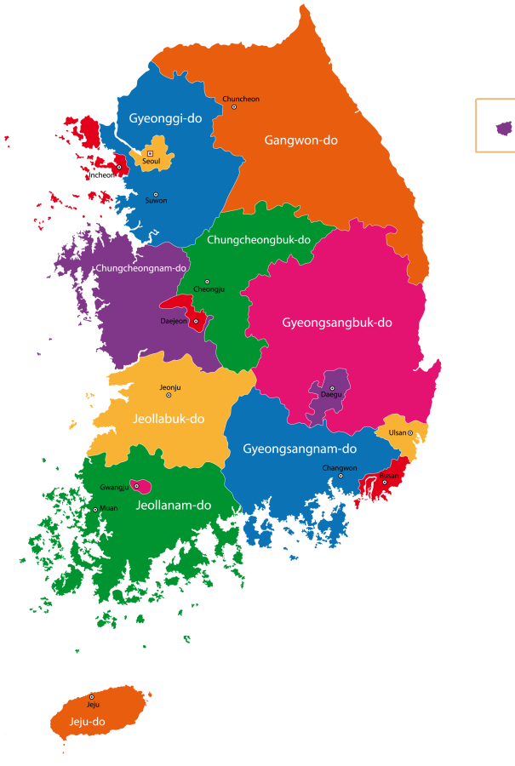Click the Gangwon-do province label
pos(300,140)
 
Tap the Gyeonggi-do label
pos(165,118)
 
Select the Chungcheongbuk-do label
pos(259,240)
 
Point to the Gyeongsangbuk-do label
pos(337,323)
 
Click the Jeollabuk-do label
pos(169,419)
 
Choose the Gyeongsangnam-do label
pos(300,449)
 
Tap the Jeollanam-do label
pos(174,505)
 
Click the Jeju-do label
pos(87,722)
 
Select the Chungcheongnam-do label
pos(141,268)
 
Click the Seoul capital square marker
pos(151,153)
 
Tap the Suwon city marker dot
pos(155,195)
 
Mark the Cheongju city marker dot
pos(207,282)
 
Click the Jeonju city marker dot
pos(169,395)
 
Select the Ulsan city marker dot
pos(410,432)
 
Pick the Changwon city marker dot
pos(340,476)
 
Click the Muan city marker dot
pos(95,509)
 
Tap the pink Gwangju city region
pos(142,486)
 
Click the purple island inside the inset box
pos(504,129)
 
